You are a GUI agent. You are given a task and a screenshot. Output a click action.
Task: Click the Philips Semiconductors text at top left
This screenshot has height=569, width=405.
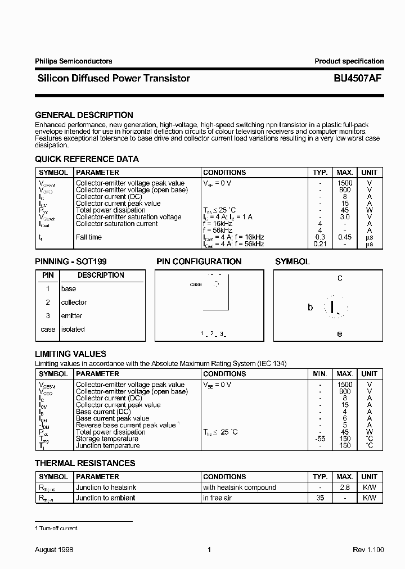click(73, 61)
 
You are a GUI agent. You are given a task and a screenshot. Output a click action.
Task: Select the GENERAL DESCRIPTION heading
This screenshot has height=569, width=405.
click(84, 115)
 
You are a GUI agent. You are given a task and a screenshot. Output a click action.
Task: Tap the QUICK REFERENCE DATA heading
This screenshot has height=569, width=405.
click(87, 159)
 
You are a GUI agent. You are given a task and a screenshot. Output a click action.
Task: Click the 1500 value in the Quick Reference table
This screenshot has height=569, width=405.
click(345, 183)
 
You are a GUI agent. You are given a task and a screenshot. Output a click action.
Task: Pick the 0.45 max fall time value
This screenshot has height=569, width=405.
click(345, 237)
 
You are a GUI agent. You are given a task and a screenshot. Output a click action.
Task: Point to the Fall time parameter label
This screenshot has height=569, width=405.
click(89, 237)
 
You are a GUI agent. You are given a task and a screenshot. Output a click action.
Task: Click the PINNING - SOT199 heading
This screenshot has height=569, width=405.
click(71, 261)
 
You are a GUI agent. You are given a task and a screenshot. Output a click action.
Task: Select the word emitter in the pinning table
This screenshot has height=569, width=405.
click(71, 316)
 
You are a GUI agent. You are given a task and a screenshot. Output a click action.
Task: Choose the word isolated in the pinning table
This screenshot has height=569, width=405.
click(73, 329)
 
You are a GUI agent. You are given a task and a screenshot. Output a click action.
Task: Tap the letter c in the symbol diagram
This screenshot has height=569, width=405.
click(340, 278)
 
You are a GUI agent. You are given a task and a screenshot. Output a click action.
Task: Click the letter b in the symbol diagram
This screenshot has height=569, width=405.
click(310, 308)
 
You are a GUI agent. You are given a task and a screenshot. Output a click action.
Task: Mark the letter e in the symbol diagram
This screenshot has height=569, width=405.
click(340, 333)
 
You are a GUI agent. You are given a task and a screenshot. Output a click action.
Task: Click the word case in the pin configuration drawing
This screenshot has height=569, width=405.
click(196, 284)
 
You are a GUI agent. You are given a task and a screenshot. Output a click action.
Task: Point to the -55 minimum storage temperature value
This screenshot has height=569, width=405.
click(320, 439)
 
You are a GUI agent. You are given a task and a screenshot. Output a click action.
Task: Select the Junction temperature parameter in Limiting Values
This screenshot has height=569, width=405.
click(107, 446)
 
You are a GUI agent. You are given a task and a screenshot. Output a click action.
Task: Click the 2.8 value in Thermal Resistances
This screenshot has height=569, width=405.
click(345, 487)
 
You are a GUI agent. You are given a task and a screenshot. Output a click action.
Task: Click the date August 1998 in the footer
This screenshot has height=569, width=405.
click(54, 549)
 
